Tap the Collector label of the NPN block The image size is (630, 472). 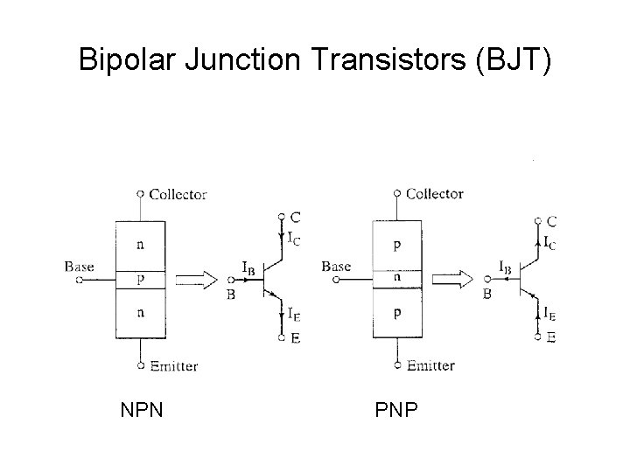tap(178, 194)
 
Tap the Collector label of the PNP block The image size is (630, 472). tap(435, 193)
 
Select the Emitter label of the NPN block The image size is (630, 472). tap(173, 366)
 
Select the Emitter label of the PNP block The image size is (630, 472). tap(430, 365)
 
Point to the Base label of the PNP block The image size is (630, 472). tap(336, 266)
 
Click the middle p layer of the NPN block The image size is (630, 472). tap(140, 280)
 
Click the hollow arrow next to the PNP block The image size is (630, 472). tap(451, 280)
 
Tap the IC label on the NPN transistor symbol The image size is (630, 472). tap(295, 237)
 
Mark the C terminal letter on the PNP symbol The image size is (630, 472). tap(551, 222)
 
